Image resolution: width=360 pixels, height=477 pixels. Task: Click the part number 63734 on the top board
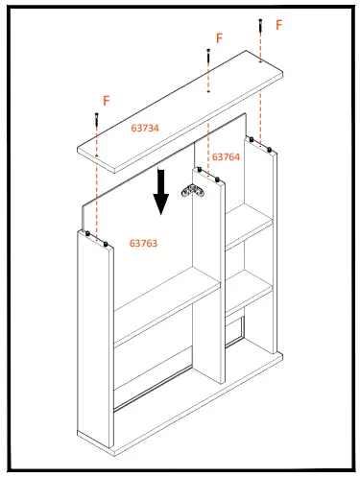tap(145, 127)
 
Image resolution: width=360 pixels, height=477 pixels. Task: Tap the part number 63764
tap(226, 156)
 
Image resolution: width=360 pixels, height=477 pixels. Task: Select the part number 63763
tap(144, 244)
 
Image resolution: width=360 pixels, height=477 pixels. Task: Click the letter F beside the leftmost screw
tap(106, 100)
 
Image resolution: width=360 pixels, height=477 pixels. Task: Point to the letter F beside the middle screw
tap(219, 38)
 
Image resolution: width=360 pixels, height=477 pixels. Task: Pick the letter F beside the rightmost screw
tap(279, 25)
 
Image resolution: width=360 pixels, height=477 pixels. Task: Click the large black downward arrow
tap(161, 193)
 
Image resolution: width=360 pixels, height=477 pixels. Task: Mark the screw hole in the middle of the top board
tap(208, 92)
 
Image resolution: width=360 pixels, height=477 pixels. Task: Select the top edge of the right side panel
tap(261, 145)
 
